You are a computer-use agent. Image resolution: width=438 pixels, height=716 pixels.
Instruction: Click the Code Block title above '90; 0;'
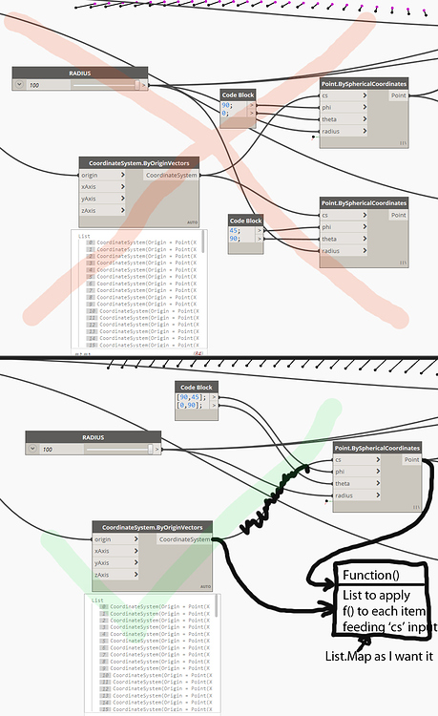(238, 95)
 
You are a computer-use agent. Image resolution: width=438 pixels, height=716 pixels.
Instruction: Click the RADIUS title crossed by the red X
(79, 73)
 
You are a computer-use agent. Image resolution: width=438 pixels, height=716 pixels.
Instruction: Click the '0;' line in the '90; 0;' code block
(227, 115)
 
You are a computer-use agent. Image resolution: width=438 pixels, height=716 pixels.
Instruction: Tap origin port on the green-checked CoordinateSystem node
(103, 540)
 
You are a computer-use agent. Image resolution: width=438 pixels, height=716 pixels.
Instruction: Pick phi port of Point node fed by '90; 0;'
(330, 108)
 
